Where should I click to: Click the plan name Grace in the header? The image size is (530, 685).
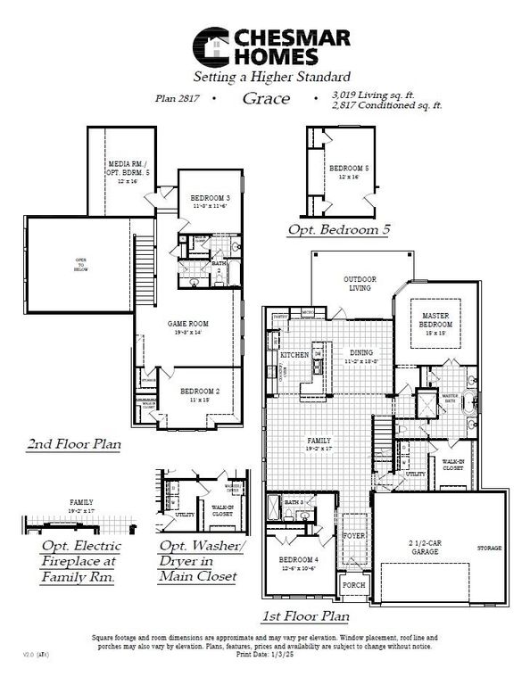coord(265,98)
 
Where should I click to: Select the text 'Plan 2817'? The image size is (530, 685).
coord(178,99)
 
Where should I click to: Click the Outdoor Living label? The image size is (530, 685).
coord(360,284)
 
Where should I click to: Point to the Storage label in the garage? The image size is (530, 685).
coord(489,547)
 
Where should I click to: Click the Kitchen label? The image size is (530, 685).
coord(295,355)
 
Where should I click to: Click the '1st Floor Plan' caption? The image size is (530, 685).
coord(305,615)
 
